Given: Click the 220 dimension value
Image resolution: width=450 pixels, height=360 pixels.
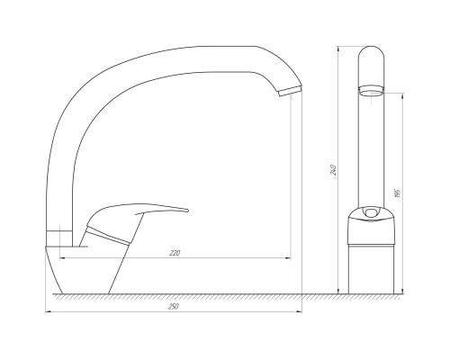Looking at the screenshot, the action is (x=175, y=253).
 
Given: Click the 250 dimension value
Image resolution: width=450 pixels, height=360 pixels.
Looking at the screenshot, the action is (x=174, y=307).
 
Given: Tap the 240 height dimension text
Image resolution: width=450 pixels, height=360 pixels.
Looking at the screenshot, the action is (x=334, y=170).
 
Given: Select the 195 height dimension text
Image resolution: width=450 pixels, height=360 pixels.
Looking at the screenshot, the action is (x=398, y=193).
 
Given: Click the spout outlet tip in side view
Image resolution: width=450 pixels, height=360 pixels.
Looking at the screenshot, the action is (x=291, y=91).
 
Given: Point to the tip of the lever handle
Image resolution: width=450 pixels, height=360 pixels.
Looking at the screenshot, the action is (x=187, y=211).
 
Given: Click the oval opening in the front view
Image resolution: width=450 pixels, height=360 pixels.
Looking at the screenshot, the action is (x=371, y=212).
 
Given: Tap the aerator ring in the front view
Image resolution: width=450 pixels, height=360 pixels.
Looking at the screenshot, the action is (x=372, y=90).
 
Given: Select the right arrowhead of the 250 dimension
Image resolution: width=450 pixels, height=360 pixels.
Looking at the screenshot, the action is (x=300, y=312).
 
